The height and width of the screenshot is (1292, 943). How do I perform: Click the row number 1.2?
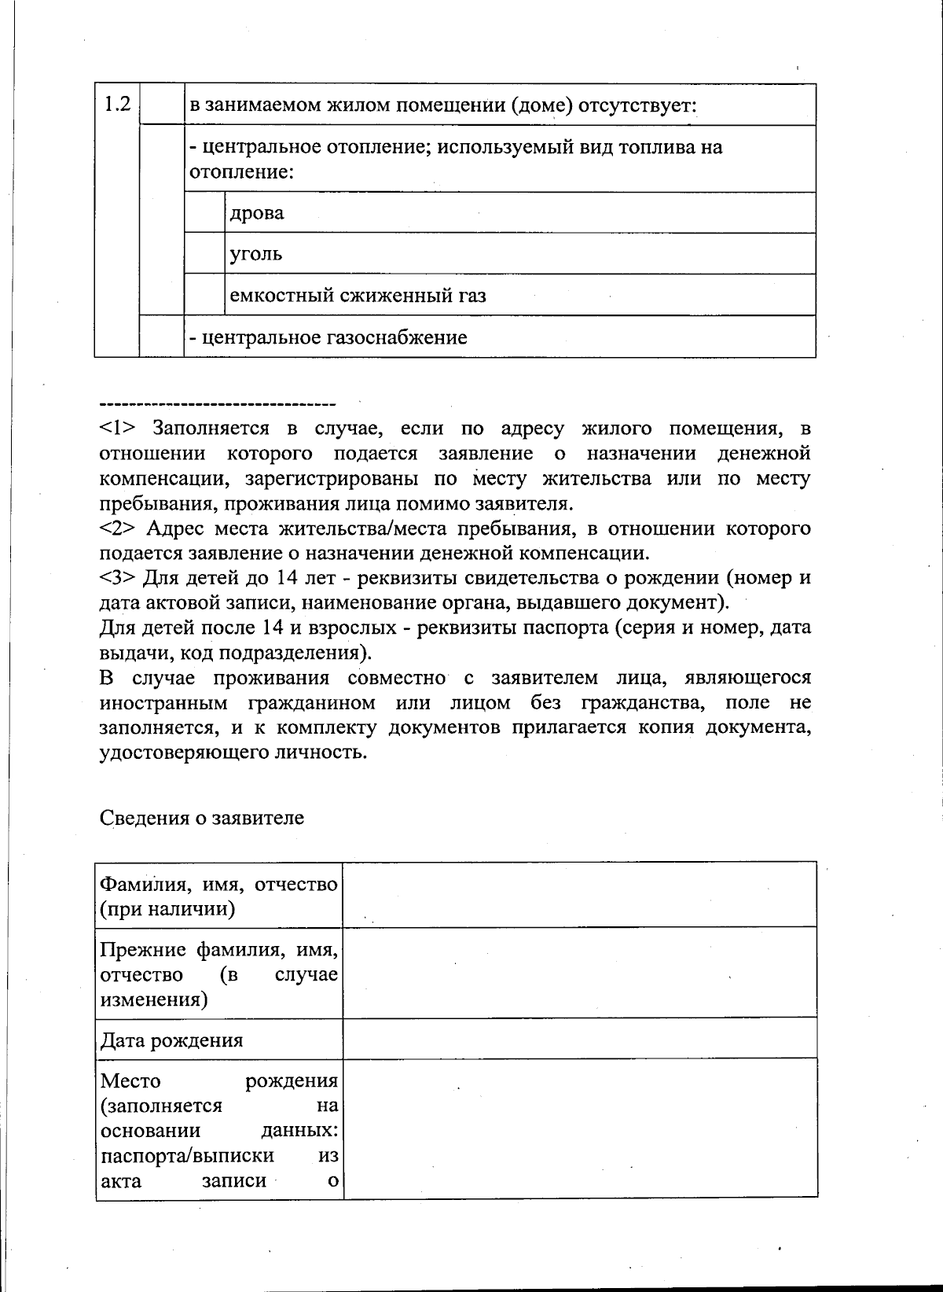point(117,104)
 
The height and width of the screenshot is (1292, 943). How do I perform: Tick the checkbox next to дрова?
point(204,212)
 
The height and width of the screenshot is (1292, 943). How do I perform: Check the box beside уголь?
point(204,253)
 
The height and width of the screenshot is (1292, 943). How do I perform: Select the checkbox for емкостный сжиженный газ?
point(204,295)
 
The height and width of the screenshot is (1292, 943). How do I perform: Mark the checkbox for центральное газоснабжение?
point(162,337)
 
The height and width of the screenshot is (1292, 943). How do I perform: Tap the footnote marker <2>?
point(119,528)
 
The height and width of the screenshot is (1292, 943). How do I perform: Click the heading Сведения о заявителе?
point(202,818)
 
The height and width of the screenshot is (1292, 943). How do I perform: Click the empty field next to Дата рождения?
point(579,1039)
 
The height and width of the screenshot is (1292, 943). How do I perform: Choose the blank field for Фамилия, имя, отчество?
point(579,895)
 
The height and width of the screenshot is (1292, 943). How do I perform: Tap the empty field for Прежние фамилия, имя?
point(579,973)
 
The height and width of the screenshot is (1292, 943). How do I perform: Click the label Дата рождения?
point(171,1040)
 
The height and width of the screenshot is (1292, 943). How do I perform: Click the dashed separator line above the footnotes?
point(218,403)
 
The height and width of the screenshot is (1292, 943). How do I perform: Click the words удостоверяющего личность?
point(233,753)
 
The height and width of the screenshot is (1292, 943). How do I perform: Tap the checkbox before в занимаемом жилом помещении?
point(162,104)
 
